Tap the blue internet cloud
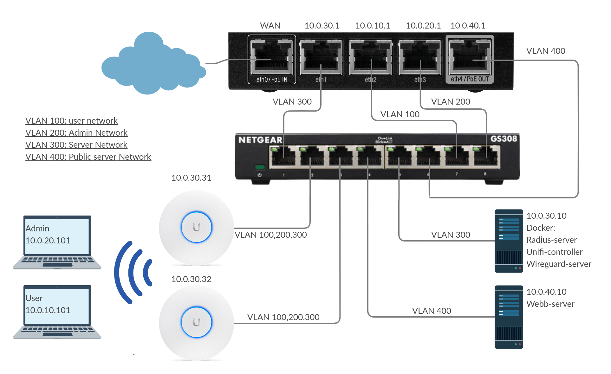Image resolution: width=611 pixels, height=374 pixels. pos(152,65)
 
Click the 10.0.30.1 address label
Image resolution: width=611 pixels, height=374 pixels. pos(322,26)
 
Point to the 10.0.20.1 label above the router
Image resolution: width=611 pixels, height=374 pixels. pos(423,26)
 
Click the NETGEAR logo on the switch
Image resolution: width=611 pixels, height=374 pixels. pos(260,140)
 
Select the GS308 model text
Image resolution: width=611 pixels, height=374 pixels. pos(504,139)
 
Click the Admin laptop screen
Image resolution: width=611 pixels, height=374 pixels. pos(57,236)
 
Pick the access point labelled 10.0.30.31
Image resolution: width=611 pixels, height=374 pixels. pos(196,227)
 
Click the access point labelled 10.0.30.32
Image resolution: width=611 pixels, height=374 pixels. pos(196,322)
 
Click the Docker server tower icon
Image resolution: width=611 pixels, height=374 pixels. pos(509,241)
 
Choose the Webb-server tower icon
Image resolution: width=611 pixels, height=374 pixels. pos(509,317)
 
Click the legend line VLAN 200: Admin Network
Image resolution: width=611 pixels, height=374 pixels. pos(76,133)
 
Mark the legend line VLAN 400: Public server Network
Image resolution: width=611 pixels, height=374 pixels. pos(88,157)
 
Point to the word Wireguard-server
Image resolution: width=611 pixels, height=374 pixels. pos(559,264)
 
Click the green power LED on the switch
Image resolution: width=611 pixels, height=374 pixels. pos(260,167)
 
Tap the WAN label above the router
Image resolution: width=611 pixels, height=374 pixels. pos(270,26)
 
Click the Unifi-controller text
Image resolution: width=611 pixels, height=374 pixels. pos(554,252)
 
